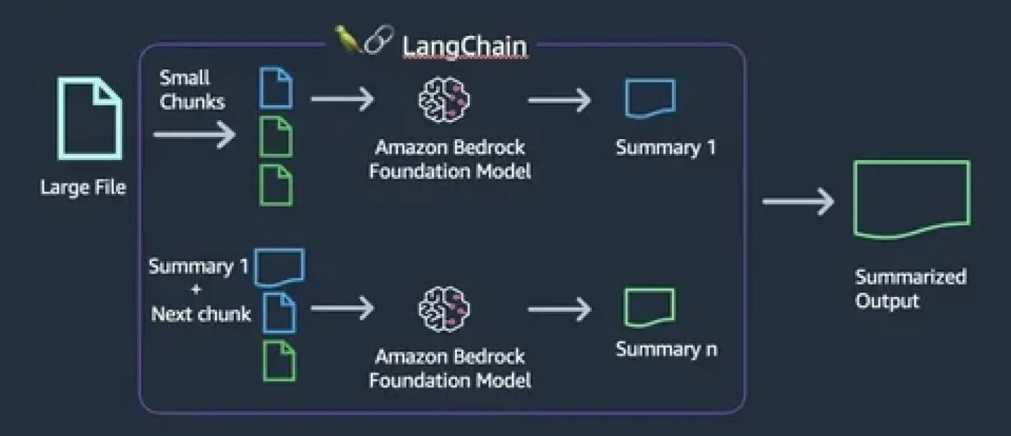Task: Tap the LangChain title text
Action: (464, 47)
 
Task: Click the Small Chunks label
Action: (191, 90)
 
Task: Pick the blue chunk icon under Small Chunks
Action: (276, 88)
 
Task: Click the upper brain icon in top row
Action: (443, 99)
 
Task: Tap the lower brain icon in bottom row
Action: (443, 308)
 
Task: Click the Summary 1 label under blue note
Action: (665, 148)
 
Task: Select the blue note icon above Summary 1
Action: (650, 98)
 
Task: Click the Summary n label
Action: (666, 349)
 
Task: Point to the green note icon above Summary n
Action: (649, 307)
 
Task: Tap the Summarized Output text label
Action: (910, 288)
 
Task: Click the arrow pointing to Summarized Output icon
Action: (798, 201)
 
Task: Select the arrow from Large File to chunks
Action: (194, 134)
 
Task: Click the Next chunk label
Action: (201, 314)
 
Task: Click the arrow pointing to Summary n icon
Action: (559, 309)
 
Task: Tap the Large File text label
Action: (83, 187)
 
